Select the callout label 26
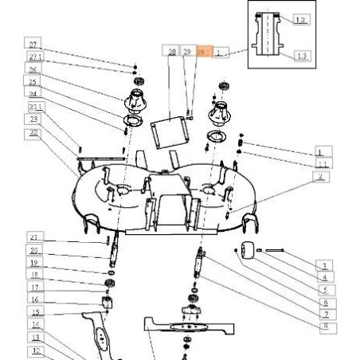click(33, 69)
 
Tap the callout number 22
click(33, 132)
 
